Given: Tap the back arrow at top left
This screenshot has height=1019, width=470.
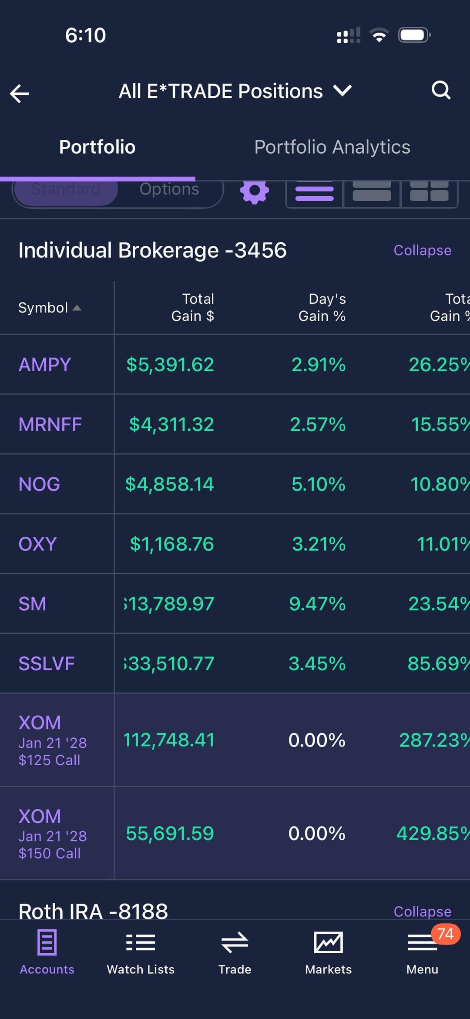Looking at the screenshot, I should [x=20, y=93].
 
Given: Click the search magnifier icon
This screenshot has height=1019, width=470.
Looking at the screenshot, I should [x=440, y=91].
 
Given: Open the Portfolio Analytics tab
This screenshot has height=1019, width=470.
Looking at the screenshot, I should [x=332, y=147].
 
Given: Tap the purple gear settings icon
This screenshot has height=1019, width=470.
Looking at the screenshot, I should [x=255, y=192].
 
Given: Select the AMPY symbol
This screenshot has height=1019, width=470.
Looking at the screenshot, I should [x=45, y=365].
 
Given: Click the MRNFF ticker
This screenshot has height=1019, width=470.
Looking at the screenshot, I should [x=50, y=424].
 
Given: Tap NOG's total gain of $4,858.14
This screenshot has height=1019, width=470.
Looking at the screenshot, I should [x=170, y=484].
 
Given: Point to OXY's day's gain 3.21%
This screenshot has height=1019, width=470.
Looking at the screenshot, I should [x=319, y=544].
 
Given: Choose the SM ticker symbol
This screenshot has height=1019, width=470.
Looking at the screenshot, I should [x=32, y=604].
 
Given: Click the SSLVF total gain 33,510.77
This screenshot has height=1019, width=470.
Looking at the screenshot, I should [x=170, y=664].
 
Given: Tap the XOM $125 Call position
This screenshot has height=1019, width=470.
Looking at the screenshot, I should [x=53, y=740].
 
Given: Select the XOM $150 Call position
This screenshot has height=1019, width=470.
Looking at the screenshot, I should [x=53, y=834].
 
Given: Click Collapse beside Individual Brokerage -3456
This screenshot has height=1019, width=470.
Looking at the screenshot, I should [x=422, y=250].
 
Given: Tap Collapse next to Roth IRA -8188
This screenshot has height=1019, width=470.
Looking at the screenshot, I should [x=422, y=911].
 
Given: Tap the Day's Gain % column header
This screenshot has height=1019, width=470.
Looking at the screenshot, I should [x=322, y=307].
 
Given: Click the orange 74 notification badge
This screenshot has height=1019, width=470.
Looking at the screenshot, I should [x=446, y=934].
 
